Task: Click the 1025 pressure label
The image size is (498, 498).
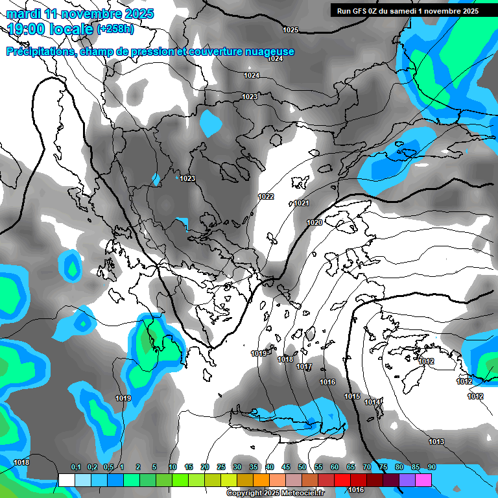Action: click(x=290, y=30)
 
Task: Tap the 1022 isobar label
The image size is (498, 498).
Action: click(x=266, y=196)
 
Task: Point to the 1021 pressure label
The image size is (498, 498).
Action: click(x=302, y=203)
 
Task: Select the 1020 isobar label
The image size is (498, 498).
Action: click(x=314, y=222)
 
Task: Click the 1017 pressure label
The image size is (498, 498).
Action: click(x=304, y=366)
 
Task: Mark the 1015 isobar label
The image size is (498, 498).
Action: click(x=352, y=396)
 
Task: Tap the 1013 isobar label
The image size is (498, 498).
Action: click(x=436, y=442)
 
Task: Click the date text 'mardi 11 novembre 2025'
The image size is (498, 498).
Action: click(x=80, y=14)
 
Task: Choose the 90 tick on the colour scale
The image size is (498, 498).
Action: click(x=432, y=467)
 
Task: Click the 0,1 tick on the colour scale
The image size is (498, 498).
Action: click(x=76, y=467)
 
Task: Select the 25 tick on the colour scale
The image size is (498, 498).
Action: click(x=221, y=467)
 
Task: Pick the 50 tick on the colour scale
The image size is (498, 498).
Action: click(x=302, y=467)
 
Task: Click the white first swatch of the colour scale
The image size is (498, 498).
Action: click(x=66, y=480)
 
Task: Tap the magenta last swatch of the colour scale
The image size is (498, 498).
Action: click(x=423, y=480)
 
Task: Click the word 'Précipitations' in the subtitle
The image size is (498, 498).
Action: click(x=40, y=51)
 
